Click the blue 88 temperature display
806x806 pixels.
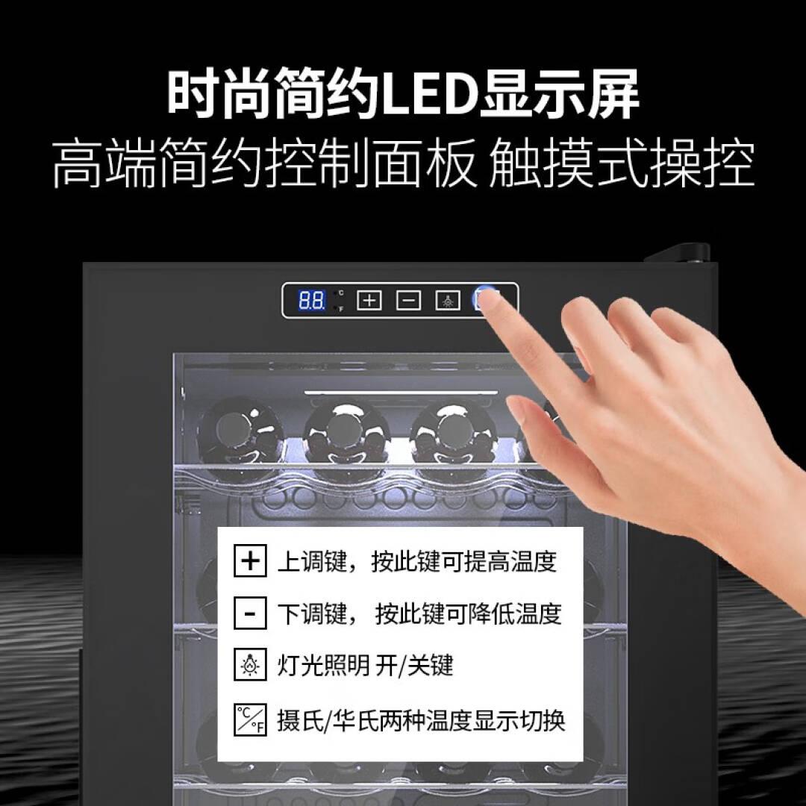click(311, 300)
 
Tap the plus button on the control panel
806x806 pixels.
click(369, 300)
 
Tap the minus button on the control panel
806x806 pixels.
click(409, 300)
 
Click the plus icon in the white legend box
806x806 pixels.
click(250, 560)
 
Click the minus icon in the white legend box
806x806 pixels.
click(250, 613)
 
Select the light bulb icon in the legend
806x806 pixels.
click(250, 665)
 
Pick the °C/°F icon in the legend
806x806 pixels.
click(250, 719)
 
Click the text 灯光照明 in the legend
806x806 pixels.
click(323, 665)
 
